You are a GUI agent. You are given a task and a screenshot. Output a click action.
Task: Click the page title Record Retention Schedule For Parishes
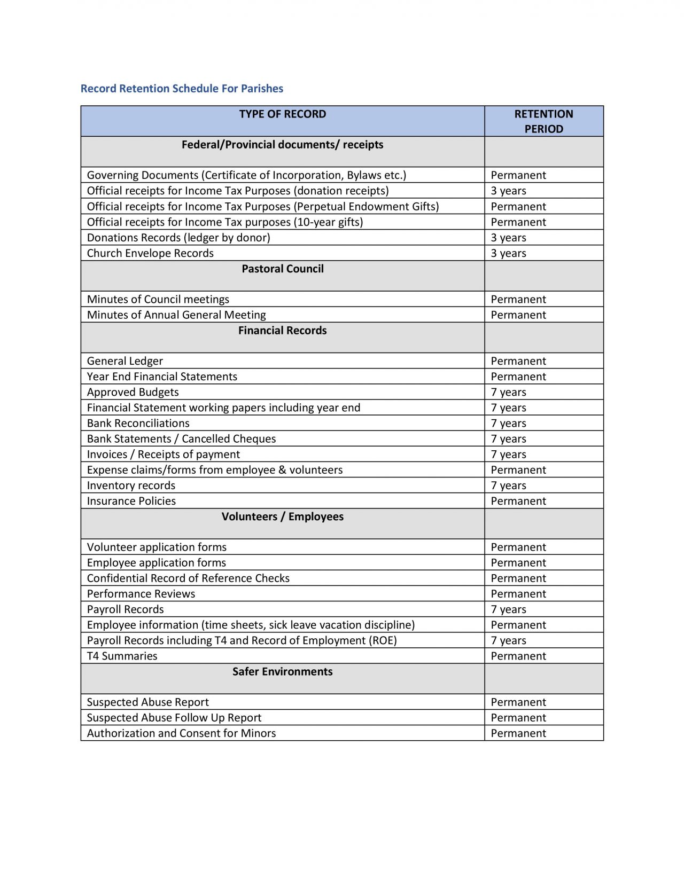[182, 89]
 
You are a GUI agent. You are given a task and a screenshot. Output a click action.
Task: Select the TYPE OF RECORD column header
[282, 114]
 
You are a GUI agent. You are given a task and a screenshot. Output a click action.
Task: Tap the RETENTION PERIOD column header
[543, 121]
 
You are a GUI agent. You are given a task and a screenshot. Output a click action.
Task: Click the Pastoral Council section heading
[282, 269]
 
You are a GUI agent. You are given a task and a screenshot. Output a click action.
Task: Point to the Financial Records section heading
[282, 331]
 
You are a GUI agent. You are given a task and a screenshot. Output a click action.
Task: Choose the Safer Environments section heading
[282, 672]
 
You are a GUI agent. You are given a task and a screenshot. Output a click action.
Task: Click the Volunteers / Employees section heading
[282, 517]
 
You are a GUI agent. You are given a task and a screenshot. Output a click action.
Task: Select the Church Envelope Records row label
[150, 254]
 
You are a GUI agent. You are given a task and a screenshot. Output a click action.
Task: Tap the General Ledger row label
[125, 362]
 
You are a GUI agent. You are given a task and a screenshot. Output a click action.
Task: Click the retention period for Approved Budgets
[508, 393]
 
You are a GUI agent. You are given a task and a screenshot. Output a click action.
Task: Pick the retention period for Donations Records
[508, 238]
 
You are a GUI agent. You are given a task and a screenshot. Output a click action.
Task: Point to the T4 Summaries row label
[122, 656]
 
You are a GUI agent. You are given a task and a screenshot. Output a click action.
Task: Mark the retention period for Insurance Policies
[518, 502]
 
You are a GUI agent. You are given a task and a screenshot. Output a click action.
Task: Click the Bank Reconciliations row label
[138, 424]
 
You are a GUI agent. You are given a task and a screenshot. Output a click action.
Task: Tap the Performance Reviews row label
[141, 594]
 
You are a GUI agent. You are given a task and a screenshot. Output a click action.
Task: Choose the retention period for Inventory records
[508, 486]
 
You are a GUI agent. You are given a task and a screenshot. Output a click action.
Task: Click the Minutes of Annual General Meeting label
[176, 315]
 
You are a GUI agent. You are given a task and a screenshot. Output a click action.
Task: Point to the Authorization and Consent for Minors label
[181, 734]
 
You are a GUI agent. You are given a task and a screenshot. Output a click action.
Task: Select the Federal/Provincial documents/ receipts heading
[282, 145]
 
